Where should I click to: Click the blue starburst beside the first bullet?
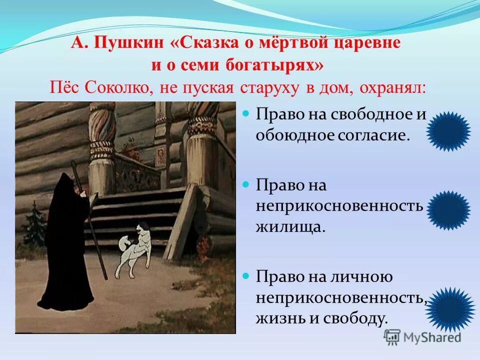(x=450, y=131)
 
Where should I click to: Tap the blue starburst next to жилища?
(x=448, y=207)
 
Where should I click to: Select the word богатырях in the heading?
(x=273, y=65)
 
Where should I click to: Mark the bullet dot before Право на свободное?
(x=245, y=114)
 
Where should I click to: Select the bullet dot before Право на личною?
(x=245, y=276)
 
